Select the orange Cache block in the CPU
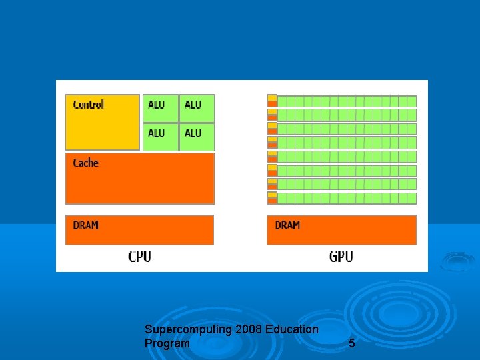pyautogui.click(x=140, y=179)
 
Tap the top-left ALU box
pyautogui.click(x=160, y=107)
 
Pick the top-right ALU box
pyautogui.click(x=197, y=107)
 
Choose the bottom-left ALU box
pyautogui.click(x=160, y=137)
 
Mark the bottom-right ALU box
pyautogui.click(x=197, y=137)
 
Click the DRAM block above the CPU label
pyautogui.click(x=140, y=229)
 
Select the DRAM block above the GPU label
pyautogui.click(x=341, y=229)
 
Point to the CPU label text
pyautogui.click(x=140, y=257)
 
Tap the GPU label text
pyautogui.click(x=341, y=257)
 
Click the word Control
pyautogui.click(x=89, y=105)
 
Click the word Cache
pyautogui.click(x=85, y=163)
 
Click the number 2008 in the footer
pyautogui.click(x=247, y=329)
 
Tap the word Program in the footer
pyautogui.click(x=167, y=343)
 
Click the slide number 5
pyautogui.click(x=352, y=344)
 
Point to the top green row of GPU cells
pyautogui.click(x=347, y=101)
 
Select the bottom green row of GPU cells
pyautogui.click(x=347, y=198)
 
